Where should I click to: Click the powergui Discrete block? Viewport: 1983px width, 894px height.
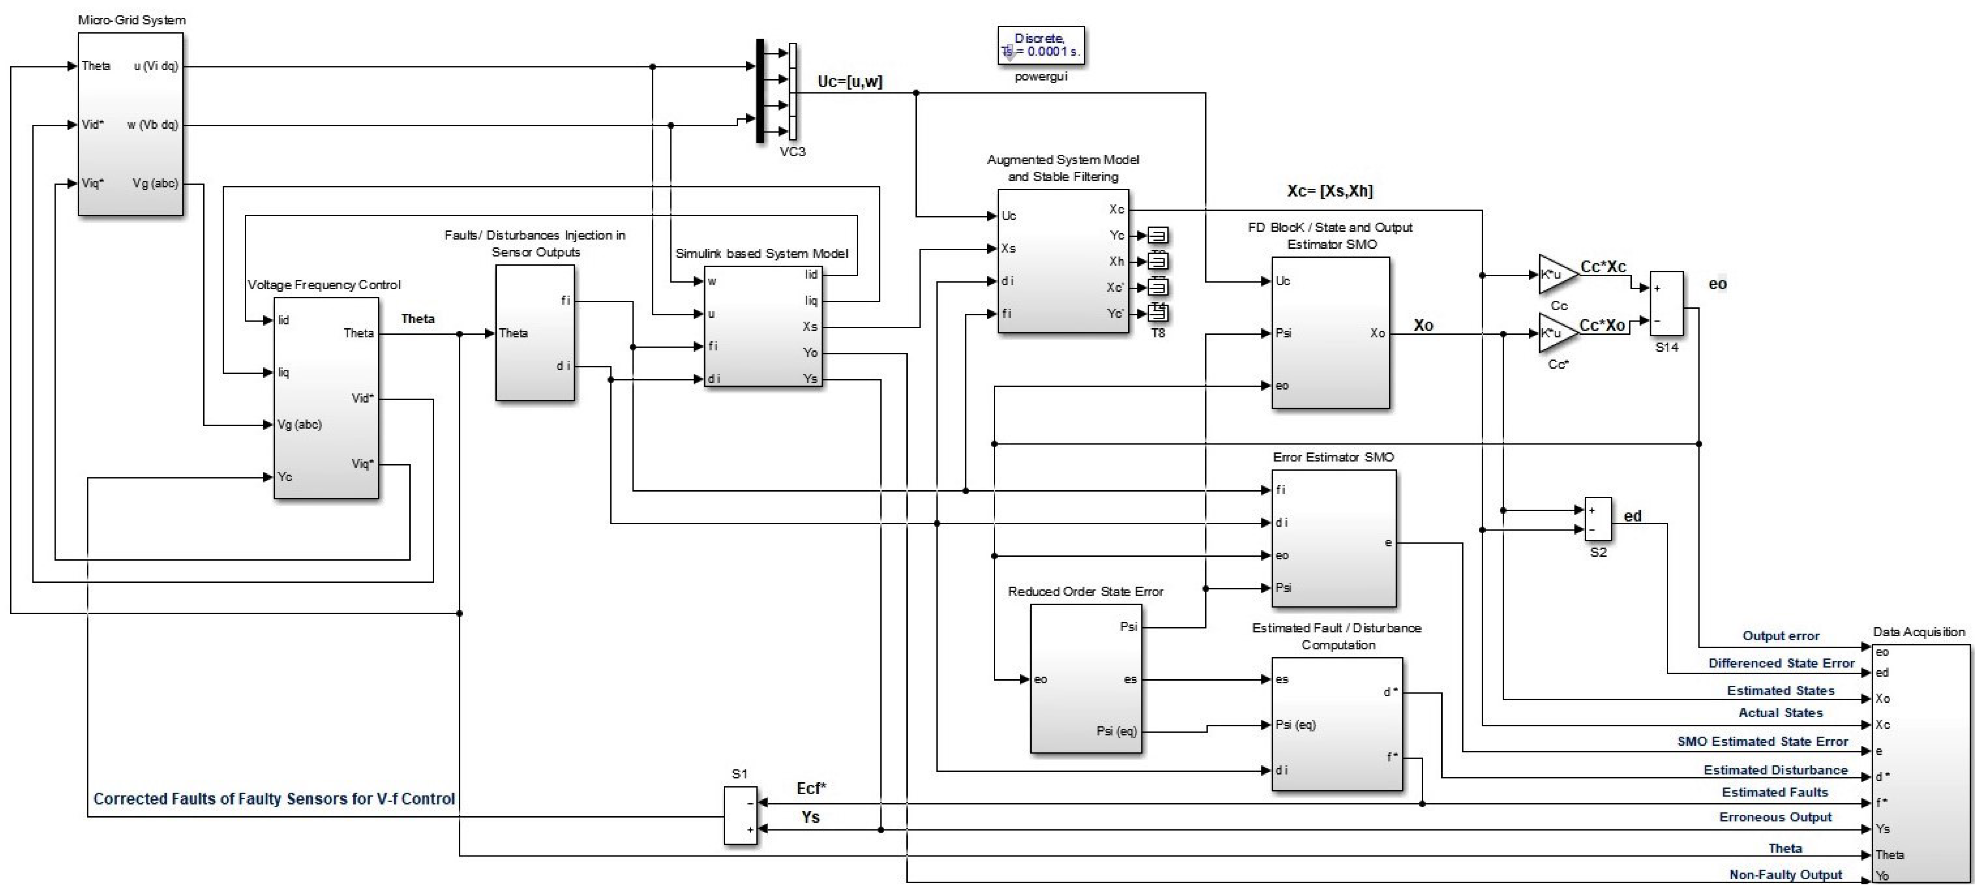pyautogui.click(x=1041, y=46)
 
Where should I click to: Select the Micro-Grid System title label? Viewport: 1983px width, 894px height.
pyautogui.click(x=132, y=20)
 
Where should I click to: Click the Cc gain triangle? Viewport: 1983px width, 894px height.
pyautogui.click(x=1555, y=275)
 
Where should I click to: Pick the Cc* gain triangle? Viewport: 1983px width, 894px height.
pyautogui.click(x=1555, y=333)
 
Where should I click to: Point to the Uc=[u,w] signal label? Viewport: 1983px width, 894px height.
pyautogui.click(x=850, y=82)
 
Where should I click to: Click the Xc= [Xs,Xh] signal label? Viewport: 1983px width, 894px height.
pyautogui.click(x=1330, y=191)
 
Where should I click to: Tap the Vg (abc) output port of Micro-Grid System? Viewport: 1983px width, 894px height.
pyautogui.click(x=156, y=183)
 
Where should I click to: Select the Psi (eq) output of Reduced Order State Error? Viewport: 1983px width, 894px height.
pyautogui.click(x=1116, y=731)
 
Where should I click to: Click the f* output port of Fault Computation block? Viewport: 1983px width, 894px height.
pyautogui.click(x=1392, y=757)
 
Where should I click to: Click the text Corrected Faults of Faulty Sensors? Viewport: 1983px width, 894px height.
pyautogui.click(x=274, y=799)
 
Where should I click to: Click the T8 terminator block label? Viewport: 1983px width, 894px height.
pyautogui.click(x=1158, y=333)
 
